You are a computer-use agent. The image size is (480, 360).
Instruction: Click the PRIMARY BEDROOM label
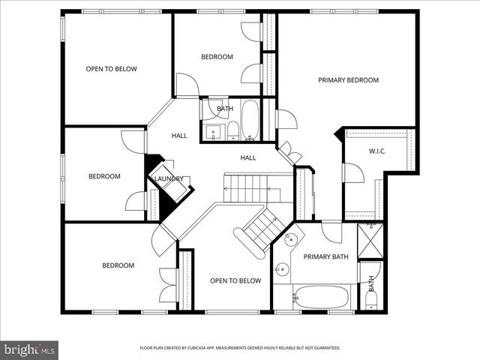[348, 80]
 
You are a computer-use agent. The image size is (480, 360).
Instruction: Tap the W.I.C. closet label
[377, 151]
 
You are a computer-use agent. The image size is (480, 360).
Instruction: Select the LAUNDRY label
[169, 178]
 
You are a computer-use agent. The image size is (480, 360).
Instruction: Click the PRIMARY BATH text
[325, 257]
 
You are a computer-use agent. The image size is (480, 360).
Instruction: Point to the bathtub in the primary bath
[322, 296]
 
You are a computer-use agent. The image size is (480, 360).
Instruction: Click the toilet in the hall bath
[233, 130]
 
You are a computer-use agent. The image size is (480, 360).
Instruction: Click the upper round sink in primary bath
[292, 239]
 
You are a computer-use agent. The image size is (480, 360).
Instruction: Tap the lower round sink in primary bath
[282, 268]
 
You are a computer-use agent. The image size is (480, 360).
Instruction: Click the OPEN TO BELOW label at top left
[111, 69]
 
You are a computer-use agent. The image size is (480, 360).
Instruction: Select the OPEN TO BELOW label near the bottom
[235, 281]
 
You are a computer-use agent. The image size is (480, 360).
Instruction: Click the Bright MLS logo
[29, 349]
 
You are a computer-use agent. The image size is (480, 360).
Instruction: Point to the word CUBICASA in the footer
[210, 348]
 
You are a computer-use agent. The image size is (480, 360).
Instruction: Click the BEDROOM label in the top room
[217, 57]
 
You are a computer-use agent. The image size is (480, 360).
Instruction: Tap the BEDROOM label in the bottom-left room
[118, 265]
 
